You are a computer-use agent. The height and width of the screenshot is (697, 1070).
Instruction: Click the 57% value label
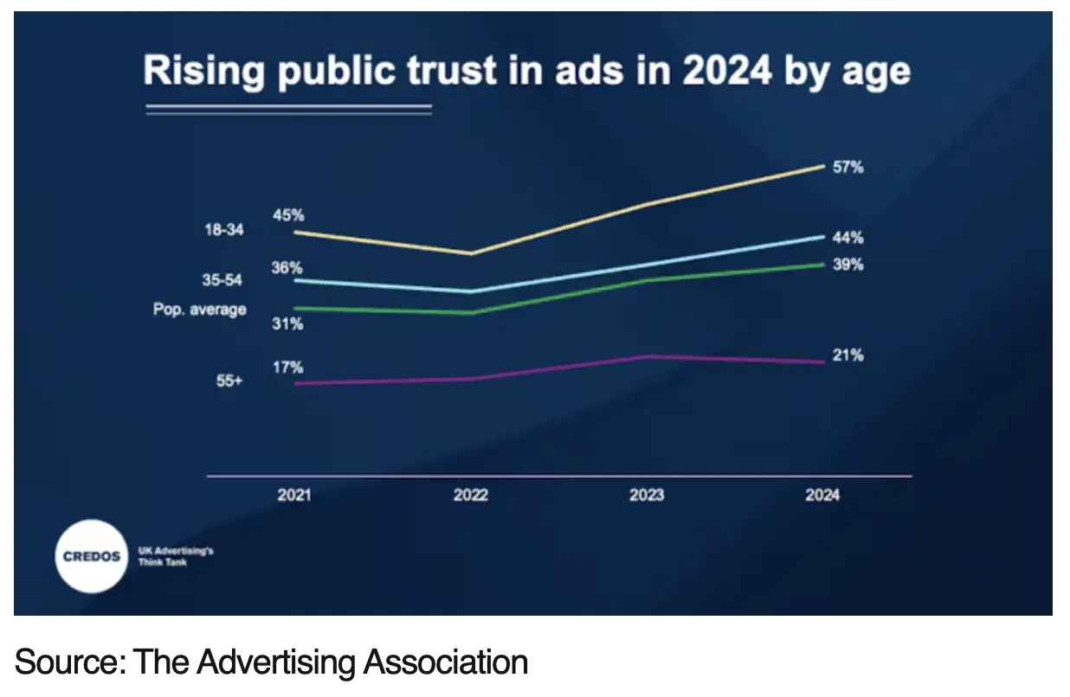[848, 168]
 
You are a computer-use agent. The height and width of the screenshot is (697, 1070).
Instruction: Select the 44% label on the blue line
[848, 238]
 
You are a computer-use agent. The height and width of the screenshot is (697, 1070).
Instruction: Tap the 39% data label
[848, 265]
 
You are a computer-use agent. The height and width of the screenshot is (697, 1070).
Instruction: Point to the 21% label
[848, 355]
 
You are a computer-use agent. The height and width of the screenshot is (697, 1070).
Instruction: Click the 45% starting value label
[288, 215]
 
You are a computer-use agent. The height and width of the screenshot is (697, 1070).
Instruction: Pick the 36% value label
[287, 268]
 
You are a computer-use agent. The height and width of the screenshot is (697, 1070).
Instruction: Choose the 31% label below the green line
[287, 324]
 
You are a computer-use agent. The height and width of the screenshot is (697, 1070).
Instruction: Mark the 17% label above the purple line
[287, 367]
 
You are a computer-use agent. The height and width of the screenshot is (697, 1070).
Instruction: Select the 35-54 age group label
[222, 280]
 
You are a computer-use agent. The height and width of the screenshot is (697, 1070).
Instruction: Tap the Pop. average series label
[199, 309]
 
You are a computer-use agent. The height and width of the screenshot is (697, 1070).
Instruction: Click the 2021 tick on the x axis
[294, 496]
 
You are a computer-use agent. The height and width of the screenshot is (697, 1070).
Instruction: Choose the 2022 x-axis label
[470, 496]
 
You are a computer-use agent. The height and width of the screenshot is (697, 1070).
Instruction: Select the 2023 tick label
[647, 496]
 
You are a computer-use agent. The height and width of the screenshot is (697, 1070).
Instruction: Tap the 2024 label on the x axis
[822, 496]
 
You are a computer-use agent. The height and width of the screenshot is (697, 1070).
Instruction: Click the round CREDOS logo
[91, 556]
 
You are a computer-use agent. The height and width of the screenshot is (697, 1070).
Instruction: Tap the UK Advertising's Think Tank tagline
[176, 556]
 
